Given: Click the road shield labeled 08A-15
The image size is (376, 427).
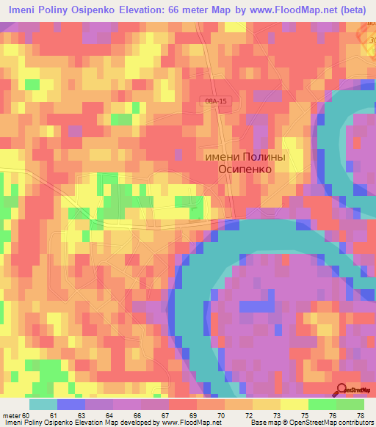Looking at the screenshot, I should point(217,103).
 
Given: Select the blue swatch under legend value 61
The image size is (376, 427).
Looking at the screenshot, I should point(71,405).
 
